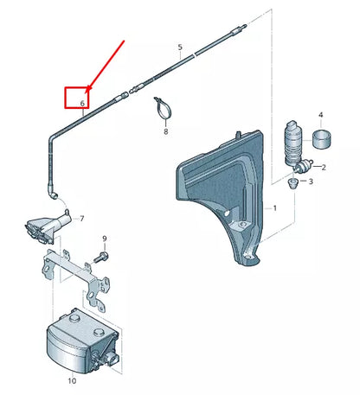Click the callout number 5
(x=180, y=47)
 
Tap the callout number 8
(x=165, y=133)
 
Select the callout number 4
(x=320, y=115)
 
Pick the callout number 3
(x=312, y=182)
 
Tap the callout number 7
(x=82, y=220)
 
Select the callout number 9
(x=104, y=238)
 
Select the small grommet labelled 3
(x=293, y=183)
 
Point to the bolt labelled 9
(x=103, y=257)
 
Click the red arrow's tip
(x=87, y=90)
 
